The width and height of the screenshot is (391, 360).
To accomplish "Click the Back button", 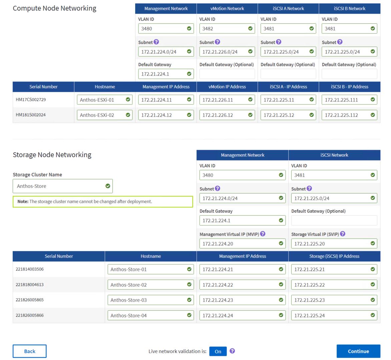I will coord(29,351).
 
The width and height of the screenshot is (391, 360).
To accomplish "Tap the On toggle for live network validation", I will coord(218,351).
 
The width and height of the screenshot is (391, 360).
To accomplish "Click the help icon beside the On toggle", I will coord(232,351).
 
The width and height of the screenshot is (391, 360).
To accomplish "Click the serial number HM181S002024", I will coord(31,115).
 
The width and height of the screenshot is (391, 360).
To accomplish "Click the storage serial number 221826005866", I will coord(30,315).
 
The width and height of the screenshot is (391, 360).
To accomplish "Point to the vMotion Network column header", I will coord(227,9).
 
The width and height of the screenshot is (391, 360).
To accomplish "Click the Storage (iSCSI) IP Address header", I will coord(334,256).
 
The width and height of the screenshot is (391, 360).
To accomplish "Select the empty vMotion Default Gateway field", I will coord(227,74).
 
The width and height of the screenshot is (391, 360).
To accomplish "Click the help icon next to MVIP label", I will coord(263,234).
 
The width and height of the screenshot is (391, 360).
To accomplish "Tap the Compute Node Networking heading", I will coord(54,8).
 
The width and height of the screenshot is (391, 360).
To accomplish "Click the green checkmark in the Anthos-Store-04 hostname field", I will coord(189,315).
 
